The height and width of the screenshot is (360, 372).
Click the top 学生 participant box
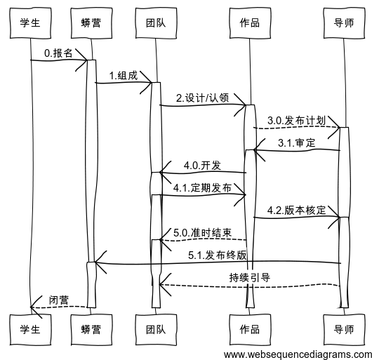[31, 22]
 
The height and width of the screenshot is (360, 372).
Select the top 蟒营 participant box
[91, 22]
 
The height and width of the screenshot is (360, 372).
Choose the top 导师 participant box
[344, 22]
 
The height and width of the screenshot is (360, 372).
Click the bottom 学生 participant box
[31, 328]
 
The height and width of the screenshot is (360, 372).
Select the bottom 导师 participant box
[344, 328]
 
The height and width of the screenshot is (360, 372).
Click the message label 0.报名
[58, 53]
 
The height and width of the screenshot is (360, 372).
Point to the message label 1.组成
[123, 75]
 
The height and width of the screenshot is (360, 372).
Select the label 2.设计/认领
[202, 98]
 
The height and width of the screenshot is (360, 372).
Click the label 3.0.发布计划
[296, 120]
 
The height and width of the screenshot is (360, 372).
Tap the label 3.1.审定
[296, 142]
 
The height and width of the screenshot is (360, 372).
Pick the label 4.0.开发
[202, 165]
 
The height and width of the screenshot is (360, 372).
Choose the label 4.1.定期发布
[202, 187]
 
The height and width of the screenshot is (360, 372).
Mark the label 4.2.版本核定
[296, 210]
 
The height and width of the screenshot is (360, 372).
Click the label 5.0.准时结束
[202, 232]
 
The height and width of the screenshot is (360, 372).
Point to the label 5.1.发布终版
[218, 255]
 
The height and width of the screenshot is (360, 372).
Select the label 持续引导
[249, 277]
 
